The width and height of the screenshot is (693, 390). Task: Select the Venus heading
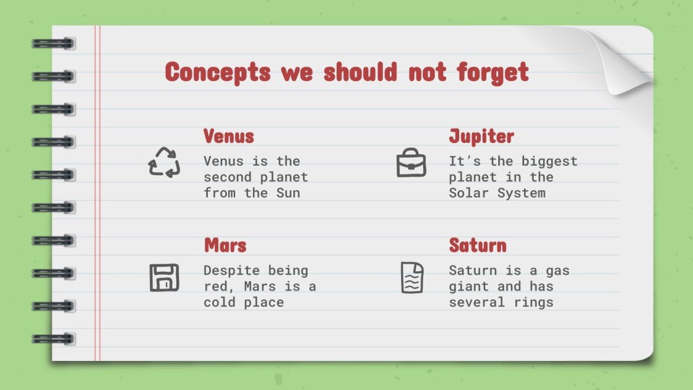click(229, 136)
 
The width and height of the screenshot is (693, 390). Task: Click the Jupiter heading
click(481, 136)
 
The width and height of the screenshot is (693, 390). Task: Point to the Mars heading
click(225, 245)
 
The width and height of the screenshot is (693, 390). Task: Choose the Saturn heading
click(478, 245)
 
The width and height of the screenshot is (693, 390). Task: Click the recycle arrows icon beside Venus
click(164, 162)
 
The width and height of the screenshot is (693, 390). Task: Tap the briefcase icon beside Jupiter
click(411, 163)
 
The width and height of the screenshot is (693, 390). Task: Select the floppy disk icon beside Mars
click(164, 277)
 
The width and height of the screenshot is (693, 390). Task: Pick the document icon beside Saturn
click(411, 277)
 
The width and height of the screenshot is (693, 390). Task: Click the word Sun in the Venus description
click(288, 193)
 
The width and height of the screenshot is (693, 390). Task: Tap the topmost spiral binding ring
click(53, 43)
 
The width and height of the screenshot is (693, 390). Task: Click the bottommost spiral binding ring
click(53, 339)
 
